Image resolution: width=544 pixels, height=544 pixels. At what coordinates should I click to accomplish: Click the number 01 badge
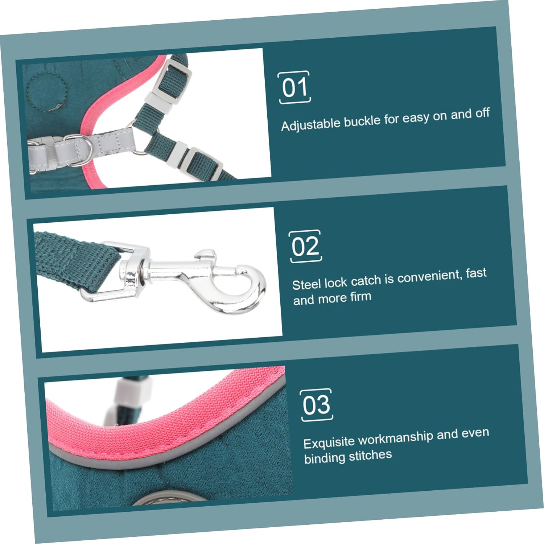point(294,87)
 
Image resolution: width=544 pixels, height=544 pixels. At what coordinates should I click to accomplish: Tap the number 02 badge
point(306,246)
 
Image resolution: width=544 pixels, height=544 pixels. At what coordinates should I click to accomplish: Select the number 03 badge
point(317,405)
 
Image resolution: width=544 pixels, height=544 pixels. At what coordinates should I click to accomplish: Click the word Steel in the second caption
point(307,284)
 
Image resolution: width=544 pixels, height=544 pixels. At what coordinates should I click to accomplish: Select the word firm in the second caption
point(360,297)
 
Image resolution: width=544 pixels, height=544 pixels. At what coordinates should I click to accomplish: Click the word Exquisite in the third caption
point(329,442)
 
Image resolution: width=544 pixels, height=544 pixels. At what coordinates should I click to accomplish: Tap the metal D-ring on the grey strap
point(77,150)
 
